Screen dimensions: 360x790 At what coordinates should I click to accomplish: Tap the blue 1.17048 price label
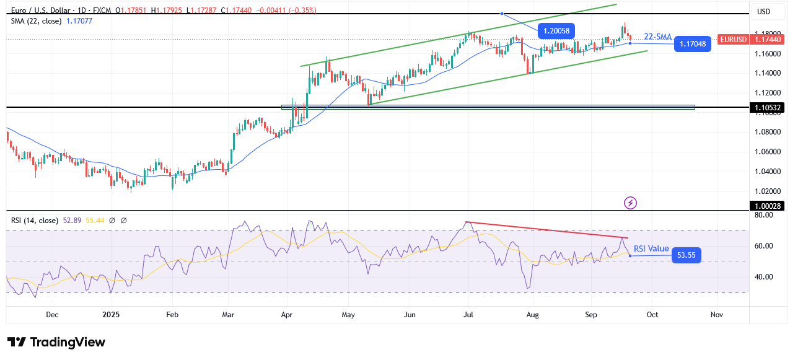coord(692,44)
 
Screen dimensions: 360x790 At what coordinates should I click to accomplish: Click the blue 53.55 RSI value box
coord(687,255)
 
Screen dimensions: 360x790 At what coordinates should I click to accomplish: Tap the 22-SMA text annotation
coord(657,37)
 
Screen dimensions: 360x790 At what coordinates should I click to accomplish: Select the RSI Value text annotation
coord(651,248)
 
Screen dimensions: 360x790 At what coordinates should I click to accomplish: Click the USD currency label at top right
coord(763,11)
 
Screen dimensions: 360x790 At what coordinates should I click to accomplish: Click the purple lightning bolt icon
coord(630,203)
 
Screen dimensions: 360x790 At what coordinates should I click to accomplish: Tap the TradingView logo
coord(56,342)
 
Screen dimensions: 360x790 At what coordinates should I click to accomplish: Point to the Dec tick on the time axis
coord(52,315)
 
